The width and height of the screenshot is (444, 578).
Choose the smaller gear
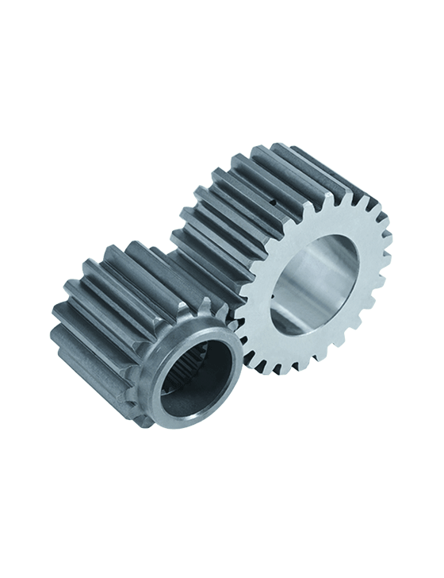[x=143, y=341]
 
